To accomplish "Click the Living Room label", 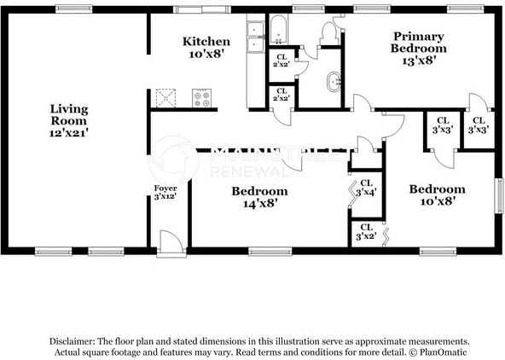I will coord(69,119).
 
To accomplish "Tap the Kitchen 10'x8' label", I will coord(206,47).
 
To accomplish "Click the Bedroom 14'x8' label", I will coord(259,197).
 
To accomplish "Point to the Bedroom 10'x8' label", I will coord(436,195).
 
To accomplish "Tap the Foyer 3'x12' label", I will coord(165,192).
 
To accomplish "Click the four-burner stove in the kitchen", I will coord(202,98).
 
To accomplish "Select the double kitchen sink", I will coord(255,32).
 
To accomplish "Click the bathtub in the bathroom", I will coord(280,31).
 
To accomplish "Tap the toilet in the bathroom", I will coord(328,32).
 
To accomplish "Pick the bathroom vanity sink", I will coord(333,83).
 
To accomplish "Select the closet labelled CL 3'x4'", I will coord(366,188).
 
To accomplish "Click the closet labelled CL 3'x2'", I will coord(366,231).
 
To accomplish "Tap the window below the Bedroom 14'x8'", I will coord(265,251).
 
